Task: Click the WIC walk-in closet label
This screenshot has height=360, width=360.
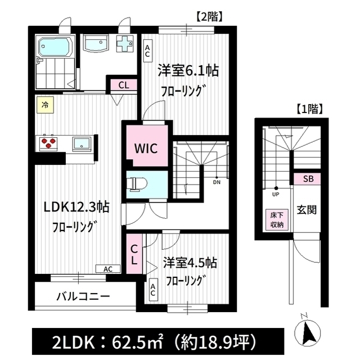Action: point(146,148)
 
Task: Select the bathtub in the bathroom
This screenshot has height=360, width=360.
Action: point(56,47)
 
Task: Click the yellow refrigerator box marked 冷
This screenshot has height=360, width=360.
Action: point(45,105)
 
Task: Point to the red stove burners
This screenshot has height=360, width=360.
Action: point(48,142)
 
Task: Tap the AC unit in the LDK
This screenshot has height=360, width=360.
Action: point(108,269)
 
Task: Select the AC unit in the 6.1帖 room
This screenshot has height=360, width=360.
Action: point(147,51)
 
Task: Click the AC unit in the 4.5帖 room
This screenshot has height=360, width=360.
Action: point(153,290)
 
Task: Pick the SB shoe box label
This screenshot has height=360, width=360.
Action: point(308,179)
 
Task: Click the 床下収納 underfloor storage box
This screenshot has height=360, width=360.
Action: point(277,220)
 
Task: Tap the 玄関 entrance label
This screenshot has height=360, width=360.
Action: point(307,210)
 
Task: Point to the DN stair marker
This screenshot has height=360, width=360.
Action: point(217,181)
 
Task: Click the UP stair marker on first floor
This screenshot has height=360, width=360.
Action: point(276,192)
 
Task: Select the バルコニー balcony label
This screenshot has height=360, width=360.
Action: point(83,296)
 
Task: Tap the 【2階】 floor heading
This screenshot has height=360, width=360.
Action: point(209,16)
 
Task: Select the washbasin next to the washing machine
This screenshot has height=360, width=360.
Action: point(96,43)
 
